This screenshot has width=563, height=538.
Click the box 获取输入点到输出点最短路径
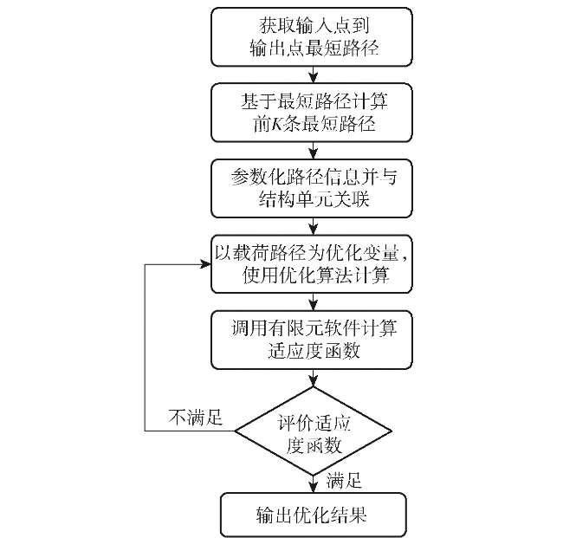(311, 37)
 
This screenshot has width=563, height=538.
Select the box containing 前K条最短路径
(311, 113)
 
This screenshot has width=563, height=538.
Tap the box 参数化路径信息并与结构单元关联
(311, 188)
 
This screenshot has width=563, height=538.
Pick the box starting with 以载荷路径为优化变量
(311, 264)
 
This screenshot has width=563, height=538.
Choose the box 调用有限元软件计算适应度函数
(311, 340)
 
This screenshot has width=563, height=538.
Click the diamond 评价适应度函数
(313, 431)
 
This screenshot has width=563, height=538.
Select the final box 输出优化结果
(313, 515)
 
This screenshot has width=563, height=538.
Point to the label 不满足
(196, 418)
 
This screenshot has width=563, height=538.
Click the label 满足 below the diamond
(344, 480)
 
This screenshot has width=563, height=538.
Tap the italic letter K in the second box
(277, 124)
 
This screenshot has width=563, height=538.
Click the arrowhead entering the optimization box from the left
(206, 265)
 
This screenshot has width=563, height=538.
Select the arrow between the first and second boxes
(314, 75)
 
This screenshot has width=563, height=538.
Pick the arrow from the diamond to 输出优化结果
(314, 484)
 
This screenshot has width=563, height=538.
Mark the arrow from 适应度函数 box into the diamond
(314, 378)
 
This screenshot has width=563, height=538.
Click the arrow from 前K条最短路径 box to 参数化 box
(314, 151)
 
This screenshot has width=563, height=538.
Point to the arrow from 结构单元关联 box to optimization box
(314, 226)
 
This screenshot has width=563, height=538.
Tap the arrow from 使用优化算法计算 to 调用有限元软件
(314, 302)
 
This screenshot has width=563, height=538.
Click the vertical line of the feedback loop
(145, 347)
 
